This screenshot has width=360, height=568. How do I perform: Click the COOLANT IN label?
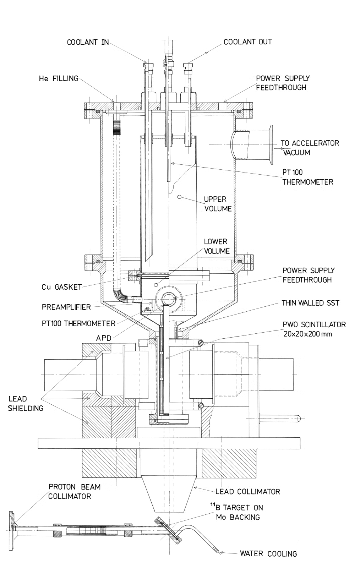(88, 43)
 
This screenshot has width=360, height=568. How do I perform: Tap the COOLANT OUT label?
(247, 42)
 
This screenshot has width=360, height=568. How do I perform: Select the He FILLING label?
(58, 78)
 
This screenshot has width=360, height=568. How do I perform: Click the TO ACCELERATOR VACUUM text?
(310, 148)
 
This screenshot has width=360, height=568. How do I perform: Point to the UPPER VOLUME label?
(217, 204)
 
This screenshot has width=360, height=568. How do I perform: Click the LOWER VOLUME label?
(216, 246)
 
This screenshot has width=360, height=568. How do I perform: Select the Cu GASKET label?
(61, 287)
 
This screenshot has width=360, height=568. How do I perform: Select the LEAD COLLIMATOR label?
(248, 492)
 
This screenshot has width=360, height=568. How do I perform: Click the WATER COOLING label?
(268, 553)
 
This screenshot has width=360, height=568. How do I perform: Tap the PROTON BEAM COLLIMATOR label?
(74, 491)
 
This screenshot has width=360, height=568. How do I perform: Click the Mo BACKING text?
(238, 517)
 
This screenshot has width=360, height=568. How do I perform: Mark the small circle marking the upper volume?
(180, 196)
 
